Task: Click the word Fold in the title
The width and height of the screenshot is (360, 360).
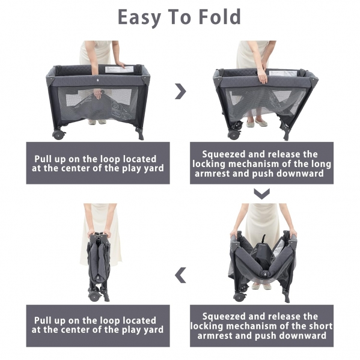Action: [x=219, y=17]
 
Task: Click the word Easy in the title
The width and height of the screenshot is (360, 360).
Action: [x=139, y=18]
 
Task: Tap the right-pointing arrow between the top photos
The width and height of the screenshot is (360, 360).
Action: [x=181, y=91]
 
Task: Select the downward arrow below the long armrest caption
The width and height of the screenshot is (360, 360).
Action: [x=261, y=194]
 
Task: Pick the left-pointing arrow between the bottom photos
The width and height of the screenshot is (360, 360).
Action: [x=180, y=275]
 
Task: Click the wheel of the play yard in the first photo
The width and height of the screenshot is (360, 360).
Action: [x=58, y=135]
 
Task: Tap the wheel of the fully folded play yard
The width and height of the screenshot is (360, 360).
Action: [x=94, y=296]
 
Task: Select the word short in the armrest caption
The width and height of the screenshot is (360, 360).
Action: [x=321, y=326]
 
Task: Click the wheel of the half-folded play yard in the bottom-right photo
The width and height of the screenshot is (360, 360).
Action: [x=239, y=297]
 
